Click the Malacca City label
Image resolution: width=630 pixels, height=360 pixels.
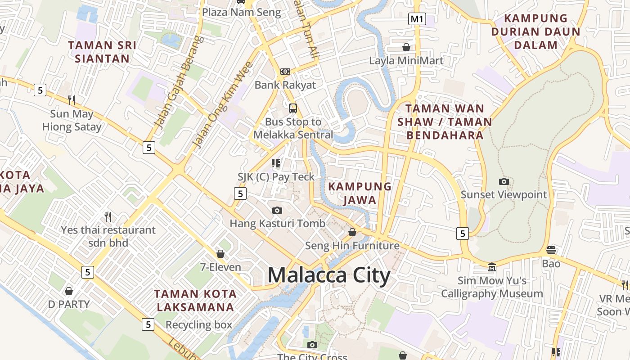[329, 275]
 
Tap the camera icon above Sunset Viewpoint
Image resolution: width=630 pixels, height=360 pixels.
[504, 182]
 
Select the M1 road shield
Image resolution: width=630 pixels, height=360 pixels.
[417, 19]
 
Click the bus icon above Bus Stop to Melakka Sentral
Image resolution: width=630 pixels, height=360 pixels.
[293, 108]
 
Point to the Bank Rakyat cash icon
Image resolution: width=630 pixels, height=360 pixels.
[285, 72]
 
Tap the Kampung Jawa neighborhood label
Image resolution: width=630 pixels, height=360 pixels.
[360, 193]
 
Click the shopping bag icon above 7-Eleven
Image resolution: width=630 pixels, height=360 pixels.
[220, 254]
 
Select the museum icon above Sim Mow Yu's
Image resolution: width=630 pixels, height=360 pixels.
[492, 267]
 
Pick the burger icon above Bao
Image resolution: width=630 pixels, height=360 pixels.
[551, 250]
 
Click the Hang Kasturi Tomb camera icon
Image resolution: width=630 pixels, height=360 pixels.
[277, 210]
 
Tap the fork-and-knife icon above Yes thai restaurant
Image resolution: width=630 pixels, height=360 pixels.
[108, 217]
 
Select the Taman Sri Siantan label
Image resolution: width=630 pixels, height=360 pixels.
[102, 52]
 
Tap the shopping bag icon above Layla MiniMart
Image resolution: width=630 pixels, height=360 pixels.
[406, 47]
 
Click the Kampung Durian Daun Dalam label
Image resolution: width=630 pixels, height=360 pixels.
[535, 31]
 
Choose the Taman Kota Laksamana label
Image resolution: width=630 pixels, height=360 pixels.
[195, 301]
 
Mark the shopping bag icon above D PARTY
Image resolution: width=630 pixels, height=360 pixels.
[69, 291]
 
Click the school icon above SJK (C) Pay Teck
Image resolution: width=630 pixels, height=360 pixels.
[276, 163]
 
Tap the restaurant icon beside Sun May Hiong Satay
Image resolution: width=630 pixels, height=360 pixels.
[72, 100]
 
